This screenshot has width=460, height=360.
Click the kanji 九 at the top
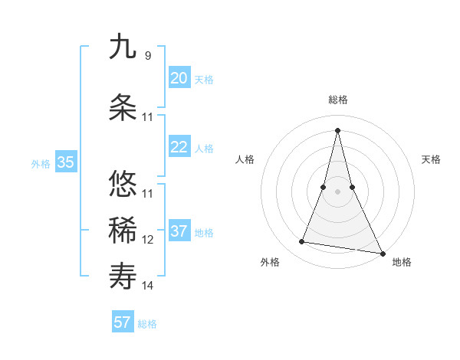(123, 47)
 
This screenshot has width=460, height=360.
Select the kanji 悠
(123, 184)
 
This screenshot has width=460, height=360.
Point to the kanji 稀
(123, 231)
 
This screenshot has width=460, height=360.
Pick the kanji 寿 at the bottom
(123, 277)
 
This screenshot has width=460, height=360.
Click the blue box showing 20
(179, 78)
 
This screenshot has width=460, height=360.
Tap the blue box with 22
(179, 147)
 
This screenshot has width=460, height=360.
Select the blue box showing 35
(66, 162)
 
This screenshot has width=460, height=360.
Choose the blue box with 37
(179, 231)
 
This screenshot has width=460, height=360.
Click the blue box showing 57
(123, 322)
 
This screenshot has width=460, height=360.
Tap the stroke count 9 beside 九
(147, 56)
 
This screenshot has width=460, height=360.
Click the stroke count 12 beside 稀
(148, 240)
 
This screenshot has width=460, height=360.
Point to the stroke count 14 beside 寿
(148, 286)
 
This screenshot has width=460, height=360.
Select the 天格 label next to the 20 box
(204, 80)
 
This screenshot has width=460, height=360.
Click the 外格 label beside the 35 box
(41, 163)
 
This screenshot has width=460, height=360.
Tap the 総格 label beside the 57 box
(147, 324)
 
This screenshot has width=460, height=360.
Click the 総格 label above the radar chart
(338, 100)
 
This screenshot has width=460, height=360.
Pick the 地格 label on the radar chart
(402, 262)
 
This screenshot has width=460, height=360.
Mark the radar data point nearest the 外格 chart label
(302, 242)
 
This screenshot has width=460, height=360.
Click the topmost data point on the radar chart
(338, 129)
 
